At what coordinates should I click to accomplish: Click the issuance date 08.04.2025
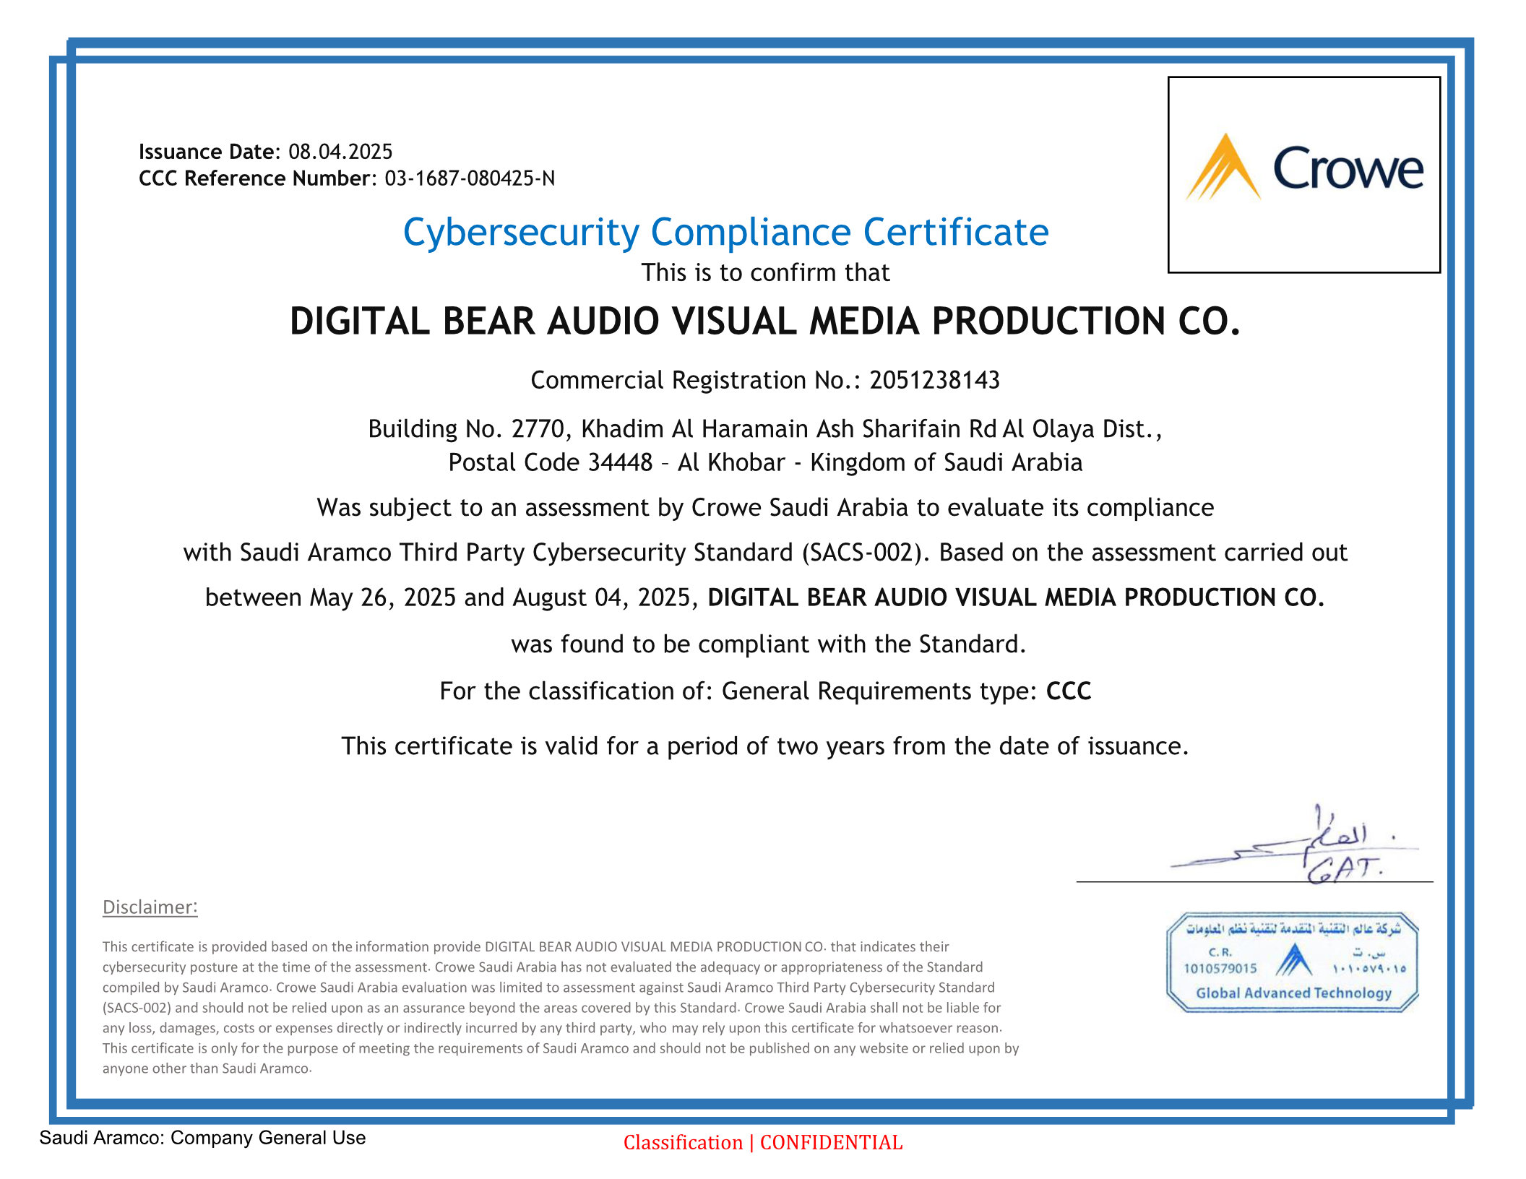[x=340, y=152]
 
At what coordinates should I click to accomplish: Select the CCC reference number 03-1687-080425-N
[x=470, y=178]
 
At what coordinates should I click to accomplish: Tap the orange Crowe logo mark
[x=1223, y=168]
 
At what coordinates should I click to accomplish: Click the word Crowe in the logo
[x=1348, y=169]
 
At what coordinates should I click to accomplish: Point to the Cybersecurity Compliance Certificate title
[x=725, y=233]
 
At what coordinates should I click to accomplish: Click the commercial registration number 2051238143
[x=934, y=380]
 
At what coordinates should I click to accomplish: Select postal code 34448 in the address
[x=620, y=462]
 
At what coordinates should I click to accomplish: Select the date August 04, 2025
[x=604, y=598]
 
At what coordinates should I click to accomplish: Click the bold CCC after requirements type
[x=1069, y=691]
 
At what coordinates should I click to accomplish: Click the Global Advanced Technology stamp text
[x=1293, y=993]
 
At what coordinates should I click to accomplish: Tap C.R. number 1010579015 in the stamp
[x=1220, y=969]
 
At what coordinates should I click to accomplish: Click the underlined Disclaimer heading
[x=150, y=907]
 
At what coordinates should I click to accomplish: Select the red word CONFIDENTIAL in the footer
[x=831, y=1143]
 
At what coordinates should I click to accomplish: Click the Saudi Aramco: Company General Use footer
[x=202, y=1138]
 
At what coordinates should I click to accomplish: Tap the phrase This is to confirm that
[x=765, y=273]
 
